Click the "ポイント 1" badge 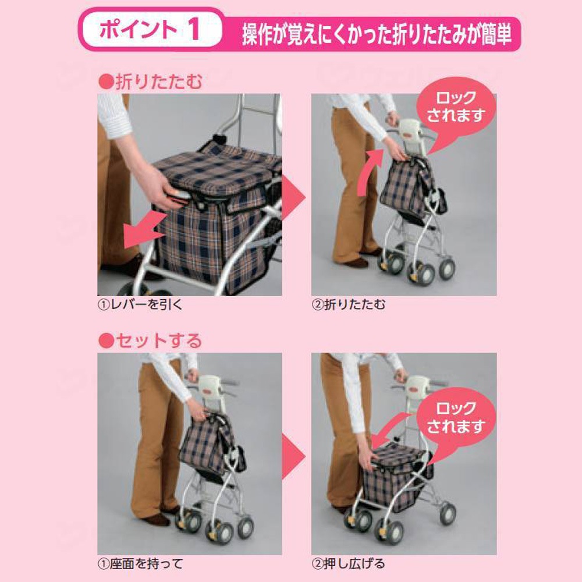click(x=150, y=31)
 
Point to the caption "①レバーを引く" click(x=140, y=304)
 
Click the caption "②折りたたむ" click(x=349, y=304)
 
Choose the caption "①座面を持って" click(x=140, y=563)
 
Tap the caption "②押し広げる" click(x=349, y=563)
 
